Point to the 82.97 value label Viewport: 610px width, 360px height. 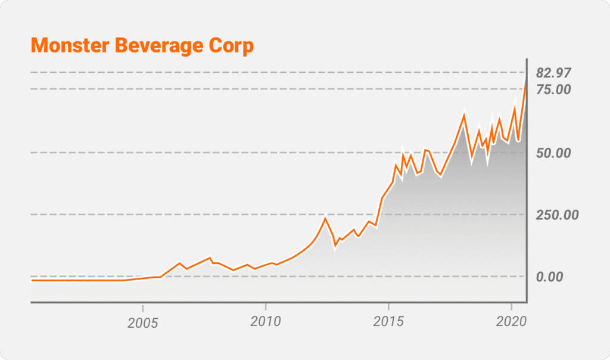tap(553, 73)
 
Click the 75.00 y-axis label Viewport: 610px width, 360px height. tap(553, 89)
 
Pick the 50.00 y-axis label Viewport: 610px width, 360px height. tap(553, 153)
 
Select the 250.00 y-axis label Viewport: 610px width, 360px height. tap(557, 215)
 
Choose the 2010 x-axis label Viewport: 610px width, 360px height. tap(265, 322)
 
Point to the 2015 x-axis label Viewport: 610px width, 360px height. tap(388, 322)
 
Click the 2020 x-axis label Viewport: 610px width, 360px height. tap(511, 322)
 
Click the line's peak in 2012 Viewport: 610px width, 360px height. tap(325, 218)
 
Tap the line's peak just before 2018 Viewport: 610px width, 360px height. tap(464, 115)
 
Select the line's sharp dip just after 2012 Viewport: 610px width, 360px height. tap(335, 246)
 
